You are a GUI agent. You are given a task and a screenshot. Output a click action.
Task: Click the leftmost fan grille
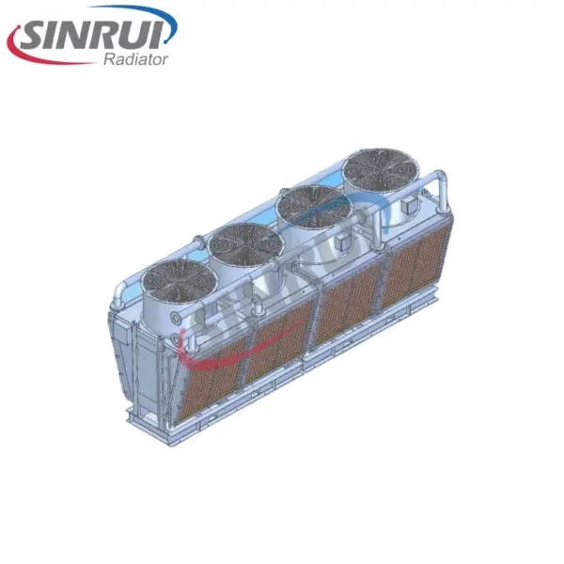pyautogui.click(x=179, y=281)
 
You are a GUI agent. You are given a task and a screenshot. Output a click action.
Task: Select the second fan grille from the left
pyautogui.click(x=246, y=244)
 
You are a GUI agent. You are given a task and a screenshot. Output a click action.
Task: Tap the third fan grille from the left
pyautogui.click(x=314, y=207)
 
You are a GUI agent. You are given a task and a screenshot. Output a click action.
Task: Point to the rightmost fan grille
pyautogui.click(x=381, y=169)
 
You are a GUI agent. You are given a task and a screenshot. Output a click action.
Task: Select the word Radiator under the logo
pyautogui.click(x=136, y=59)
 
